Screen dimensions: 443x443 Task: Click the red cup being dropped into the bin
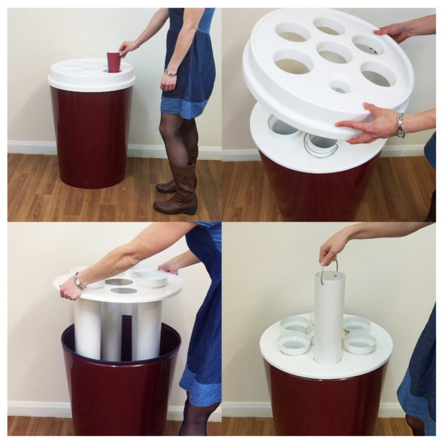pos(113,62)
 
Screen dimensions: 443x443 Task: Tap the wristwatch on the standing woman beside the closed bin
pos(170,73)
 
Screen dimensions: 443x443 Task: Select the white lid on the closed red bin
pos(91,75)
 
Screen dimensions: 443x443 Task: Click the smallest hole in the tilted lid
pos(340,85)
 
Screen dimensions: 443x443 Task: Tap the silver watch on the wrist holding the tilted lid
pos(400,125)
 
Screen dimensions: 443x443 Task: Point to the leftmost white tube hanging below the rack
pos(87,329)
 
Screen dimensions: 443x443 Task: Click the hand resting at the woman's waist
pos(168,82)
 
